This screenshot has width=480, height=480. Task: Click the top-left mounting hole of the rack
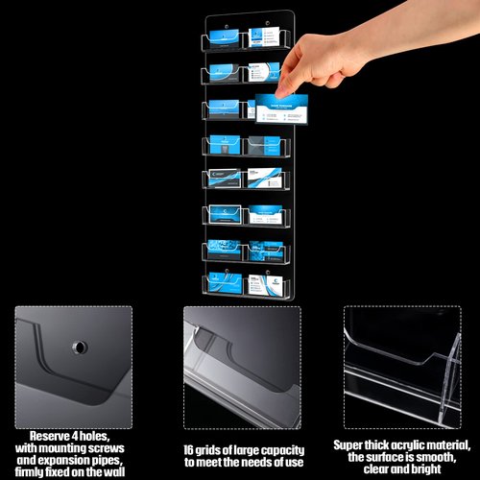(x=212, y=18)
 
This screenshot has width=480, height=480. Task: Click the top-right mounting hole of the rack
(x=268, y=18)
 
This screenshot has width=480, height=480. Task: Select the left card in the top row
(x=223, y=39)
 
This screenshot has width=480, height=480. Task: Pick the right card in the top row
(x=262, y=39)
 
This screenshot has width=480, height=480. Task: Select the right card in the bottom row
(x=261, y=283)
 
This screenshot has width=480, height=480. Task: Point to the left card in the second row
(x=223, y=72)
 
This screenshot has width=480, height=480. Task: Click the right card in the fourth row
(x=261, y=145)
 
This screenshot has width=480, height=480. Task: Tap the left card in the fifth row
(x=224, y=179)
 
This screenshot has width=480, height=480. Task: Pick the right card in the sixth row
(x=261, y=213)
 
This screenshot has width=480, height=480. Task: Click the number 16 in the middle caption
(x=191, y=449)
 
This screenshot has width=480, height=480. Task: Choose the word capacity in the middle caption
(x=281, y=449)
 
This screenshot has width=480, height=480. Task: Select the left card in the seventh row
(x=223, y=249)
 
